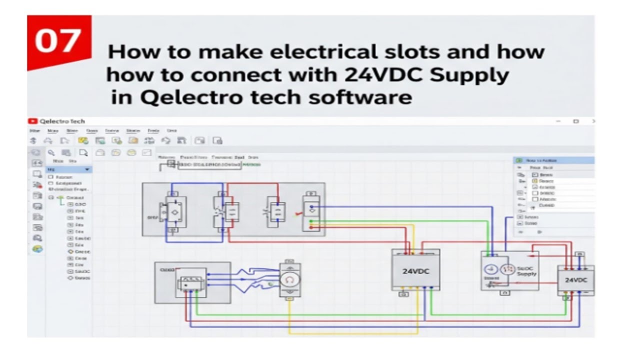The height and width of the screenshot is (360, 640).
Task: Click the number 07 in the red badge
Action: pos(58,40)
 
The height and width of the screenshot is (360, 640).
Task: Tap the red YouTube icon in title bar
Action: pos(32,121)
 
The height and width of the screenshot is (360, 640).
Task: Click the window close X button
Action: pos(593,121)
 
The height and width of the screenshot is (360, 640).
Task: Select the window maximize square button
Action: pos(575,121)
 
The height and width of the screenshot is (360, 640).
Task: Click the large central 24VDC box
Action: pos(415,271)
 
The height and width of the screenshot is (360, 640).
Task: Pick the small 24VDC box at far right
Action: pos(575,280)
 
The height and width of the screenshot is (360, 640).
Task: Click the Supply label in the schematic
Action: pos(526,274)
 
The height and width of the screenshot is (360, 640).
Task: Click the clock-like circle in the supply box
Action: pos(490,268)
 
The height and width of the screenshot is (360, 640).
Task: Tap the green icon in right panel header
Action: pos(519,160)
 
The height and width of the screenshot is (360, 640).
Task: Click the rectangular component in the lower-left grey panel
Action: pos(189,284)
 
